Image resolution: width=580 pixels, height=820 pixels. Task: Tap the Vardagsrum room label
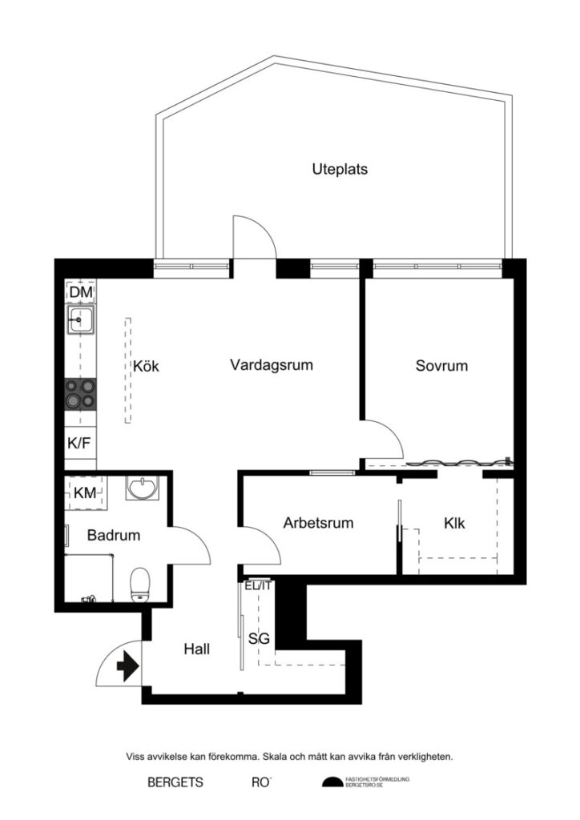pyautogui.click(x=271, y=365)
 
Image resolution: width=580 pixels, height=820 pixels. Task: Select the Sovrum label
pyautogui.click(x=441, y=366)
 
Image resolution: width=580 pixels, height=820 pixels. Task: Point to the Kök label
pyautogui.click(x=147, y=366)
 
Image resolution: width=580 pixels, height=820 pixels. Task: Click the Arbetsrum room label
pyautogui.click(x=319, y=523)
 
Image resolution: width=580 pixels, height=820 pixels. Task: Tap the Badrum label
pyautogui.click(x=115, y=535)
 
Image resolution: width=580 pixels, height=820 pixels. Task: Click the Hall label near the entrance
pyautogui.click(x=196, y=649)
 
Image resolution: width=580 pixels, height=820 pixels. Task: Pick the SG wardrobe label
pyautogui.click(x=258, y=639)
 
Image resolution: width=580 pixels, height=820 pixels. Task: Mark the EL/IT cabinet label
pyautogui.click(x=259, y=585)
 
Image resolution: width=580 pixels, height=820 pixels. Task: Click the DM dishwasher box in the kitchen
pyautogui.click(x=80, y=293)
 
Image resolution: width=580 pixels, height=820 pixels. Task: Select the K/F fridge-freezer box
pyautogui.click(x=79, y=442)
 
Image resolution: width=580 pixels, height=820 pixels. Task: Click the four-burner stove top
pyautogui.click(x=80, y=394)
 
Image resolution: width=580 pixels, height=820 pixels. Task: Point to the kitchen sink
pyautogui.click(x=80, y=322)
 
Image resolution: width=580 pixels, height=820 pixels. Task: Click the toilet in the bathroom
pyautogui.click(x=141, y=583)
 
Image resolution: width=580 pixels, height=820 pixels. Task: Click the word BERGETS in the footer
pyautogui.click(x=175, y=782)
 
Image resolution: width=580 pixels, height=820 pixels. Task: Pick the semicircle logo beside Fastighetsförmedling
pyautogui.click(x=331, y=782)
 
